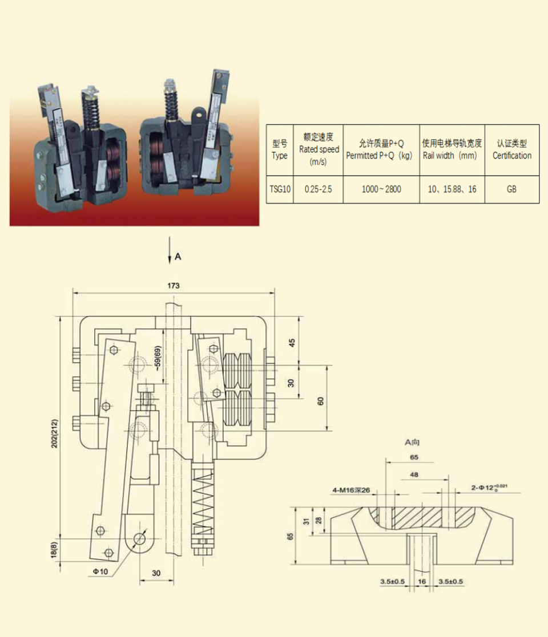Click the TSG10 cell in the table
280,189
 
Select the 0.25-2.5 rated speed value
318,189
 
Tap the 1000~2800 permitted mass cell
381,189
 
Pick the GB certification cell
511,189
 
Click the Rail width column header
452,149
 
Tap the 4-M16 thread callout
350,490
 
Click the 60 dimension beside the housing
320,401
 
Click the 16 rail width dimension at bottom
422,582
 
